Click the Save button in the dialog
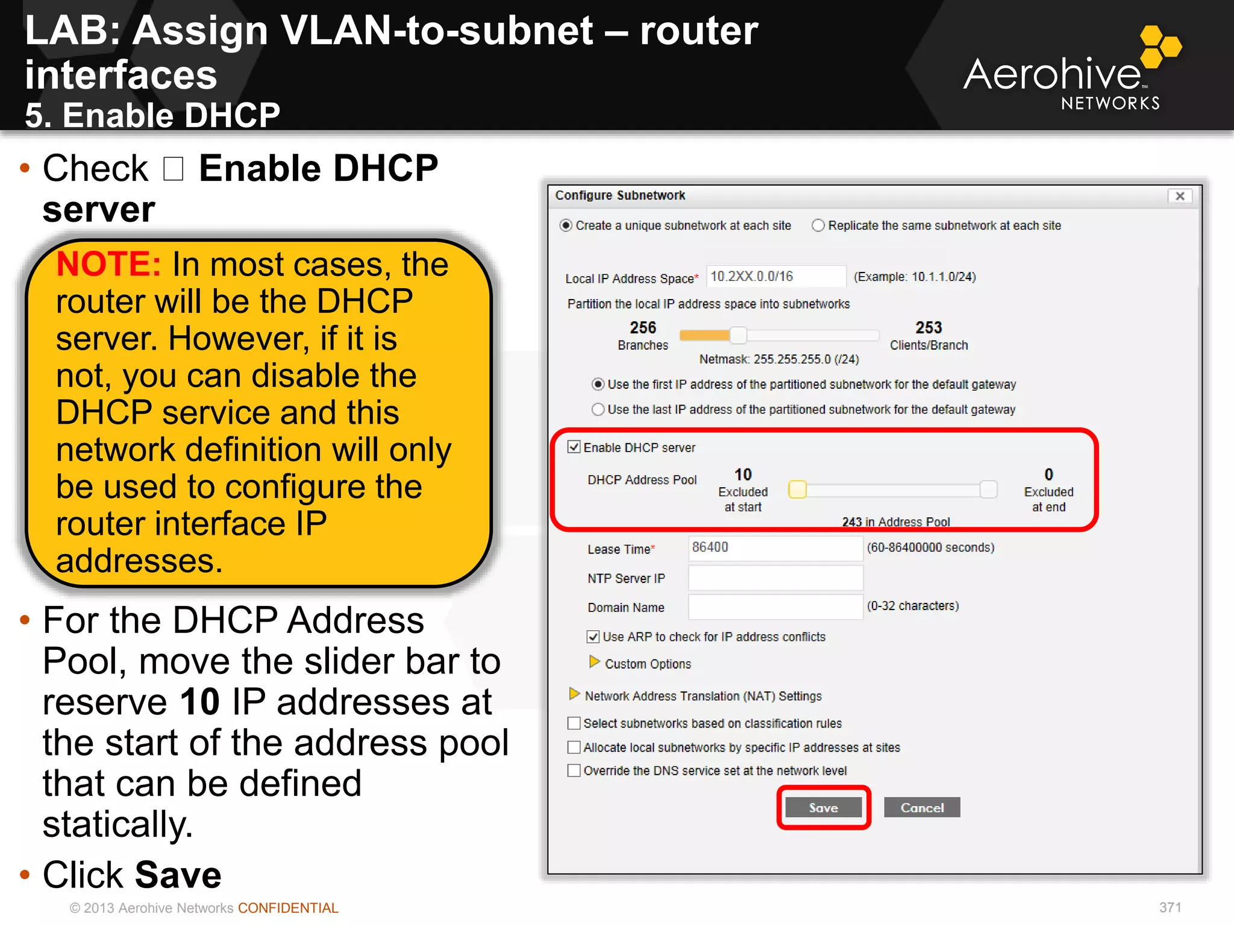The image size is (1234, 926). click(x=823, y=808)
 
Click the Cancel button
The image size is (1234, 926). click(x=921, y=808)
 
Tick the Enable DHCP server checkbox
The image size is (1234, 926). click(x=574, y=447)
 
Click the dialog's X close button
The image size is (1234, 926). click(x=1180, y=196)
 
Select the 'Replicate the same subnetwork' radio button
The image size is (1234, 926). click(x=818, y=225)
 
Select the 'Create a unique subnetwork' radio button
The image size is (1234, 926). click(x=566, y=225)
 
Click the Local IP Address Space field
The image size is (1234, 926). click(x=775, y=277)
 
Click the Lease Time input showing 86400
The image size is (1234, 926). click(x=775, y=547)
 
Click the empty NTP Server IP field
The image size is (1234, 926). click(x=775, y=578)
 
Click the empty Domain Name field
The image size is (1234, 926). click(x=775, y=606)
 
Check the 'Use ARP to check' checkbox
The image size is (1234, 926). click(x=593, y=637)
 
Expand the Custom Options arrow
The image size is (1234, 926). click(x=594, y=663)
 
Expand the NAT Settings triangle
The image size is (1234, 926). click(x=574, y=694)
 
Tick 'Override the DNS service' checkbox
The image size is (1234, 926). click(x=574, y=770)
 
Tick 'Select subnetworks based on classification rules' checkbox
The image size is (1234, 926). click(x=574, y=723)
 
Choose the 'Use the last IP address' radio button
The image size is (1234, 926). click(x=598, y=410)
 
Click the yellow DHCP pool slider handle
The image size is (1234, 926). click(x=797, y=490)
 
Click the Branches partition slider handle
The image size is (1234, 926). click(x=738, y=335)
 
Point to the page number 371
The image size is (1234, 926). click(x=1170, y=907)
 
